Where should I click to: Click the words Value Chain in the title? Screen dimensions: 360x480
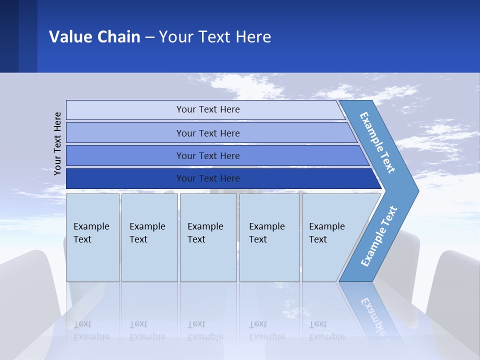[x=94, y=37]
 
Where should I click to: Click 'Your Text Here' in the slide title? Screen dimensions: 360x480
[x=215, y=37]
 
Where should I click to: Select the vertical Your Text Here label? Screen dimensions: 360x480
[x=57, y=143]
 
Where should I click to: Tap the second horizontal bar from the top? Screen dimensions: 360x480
[x=207, y=133]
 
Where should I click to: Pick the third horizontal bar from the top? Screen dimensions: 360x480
[x=207, y=155]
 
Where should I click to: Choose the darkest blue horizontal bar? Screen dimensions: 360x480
[x=207, y=178]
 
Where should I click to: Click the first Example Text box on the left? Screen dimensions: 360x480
[x=92, y=237]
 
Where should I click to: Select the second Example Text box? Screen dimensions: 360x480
[x=149, y=237]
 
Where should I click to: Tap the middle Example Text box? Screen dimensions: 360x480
[x=208, y=237]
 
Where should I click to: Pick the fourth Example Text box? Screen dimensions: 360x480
[x=269, y=237]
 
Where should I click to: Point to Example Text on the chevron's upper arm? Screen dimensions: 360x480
[x=377, y=142]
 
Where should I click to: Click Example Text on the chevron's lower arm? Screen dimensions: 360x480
[x=379, y=236]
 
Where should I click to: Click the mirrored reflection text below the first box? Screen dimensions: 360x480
[x=91, y=331]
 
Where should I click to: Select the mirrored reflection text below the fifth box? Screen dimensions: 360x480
[x=326, y=331]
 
